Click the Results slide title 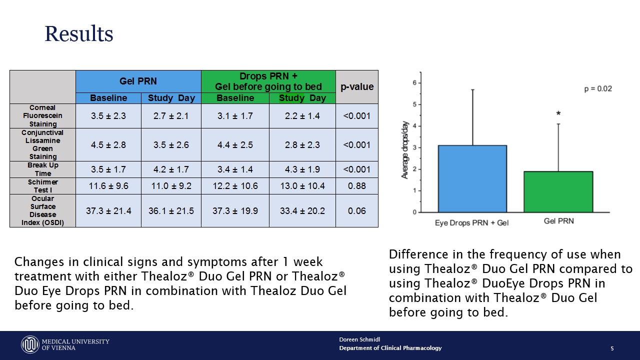pos(79,33)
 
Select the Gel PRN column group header pos(138,81)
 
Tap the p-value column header pos(357,86)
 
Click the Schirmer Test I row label pos(42,186)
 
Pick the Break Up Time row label pos(42,169)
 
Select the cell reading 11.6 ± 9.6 pos(108,186)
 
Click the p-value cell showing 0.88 pos(357,186)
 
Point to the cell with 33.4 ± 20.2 pos(302,211)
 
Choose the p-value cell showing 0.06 pos(357,211)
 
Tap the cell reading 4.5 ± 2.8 pos(108,145)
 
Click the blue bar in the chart pos(472,179)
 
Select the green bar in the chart pos(558,192)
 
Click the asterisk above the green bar pos(558,113)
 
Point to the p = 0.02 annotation pos(598,89)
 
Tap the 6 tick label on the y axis pos(414,83)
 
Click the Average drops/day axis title pos(405,150)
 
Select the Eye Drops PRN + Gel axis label pos(471,223)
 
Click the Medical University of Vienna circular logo pos(30,344)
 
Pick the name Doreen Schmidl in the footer pos(359,339)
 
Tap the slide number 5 pos(612,348)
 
